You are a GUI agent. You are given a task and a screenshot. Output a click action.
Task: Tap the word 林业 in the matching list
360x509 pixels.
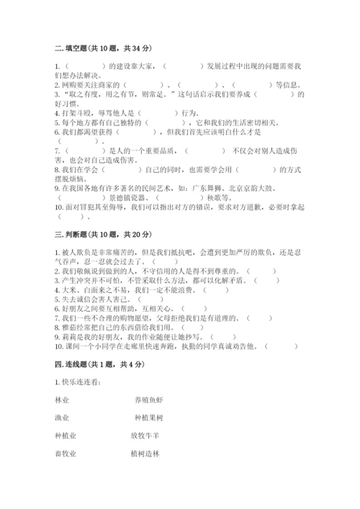(x=62, y=399)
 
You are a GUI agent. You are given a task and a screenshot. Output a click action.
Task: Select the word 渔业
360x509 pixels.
(x=62, y=418)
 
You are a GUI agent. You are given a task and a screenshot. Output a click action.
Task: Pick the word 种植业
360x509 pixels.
(x=65, y=436)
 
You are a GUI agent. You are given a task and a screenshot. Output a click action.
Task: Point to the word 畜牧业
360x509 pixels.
(x=65, y=454)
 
